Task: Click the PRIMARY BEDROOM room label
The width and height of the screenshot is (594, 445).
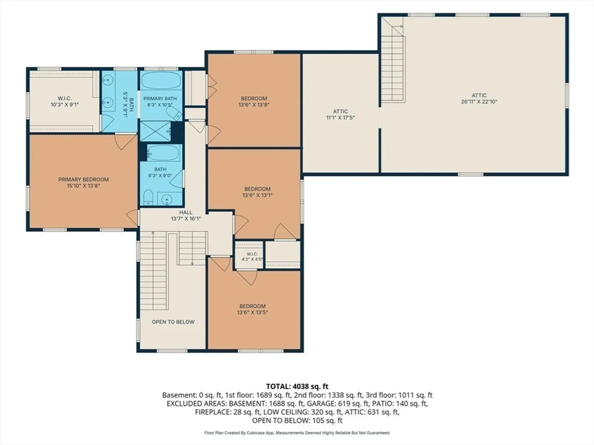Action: point(83,179)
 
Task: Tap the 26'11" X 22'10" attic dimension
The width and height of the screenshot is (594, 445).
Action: point(479,102)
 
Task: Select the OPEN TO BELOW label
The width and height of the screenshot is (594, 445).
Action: point(173,322)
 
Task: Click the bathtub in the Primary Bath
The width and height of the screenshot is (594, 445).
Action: point(161,80)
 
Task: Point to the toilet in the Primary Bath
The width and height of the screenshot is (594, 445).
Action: point(174,113)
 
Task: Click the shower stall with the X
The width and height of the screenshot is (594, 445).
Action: point(156,131)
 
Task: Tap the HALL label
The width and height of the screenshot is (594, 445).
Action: point(186,213)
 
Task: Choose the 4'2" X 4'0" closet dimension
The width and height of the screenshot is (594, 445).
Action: point(252,260)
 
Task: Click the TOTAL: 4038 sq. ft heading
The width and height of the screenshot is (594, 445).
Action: point(297,386)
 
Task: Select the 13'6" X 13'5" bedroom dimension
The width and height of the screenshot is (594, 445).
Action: point(252,312)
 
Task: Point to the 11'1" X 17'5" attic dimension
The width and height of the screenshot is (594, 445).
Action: point(340,117)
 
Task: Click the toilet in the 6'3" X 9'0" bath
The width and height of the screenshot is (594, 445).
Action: point(148,197)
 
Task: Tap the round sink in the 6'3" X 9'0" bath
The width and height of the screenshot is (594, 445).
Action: point(167,200)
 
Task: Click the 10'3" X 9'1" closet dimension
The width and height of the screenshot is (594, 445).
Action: point(65,105)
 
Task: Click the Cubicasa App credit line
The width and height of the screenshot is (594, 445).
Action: point(297,433)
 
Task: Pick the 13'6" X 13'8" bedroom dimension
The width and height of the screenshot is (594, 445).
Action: point(254,105)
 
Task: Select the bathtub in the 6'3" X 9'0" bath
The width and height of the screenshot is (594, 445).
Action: point(163,153)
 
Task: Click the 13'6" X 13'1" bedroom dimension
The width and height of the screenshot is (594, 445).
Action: point(257,195)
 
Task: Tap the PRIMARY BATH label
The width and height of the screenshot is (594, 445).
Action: point(160,98)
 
